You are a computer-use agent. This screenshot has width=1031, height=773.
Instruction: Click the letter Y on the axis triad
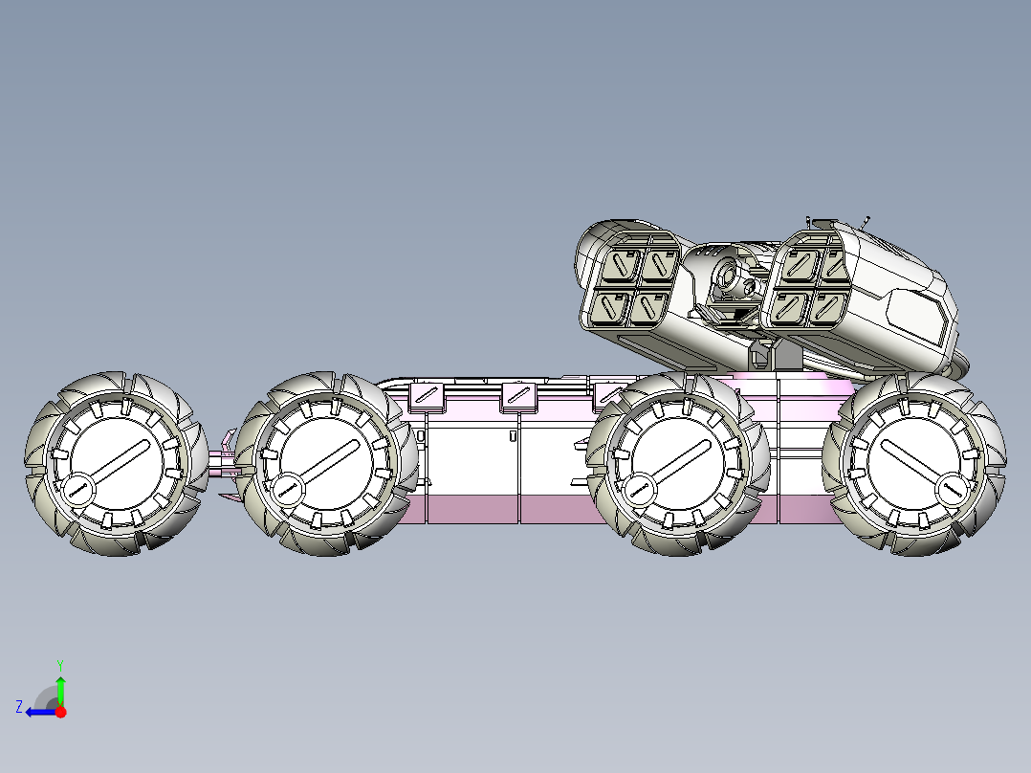pos(60,665)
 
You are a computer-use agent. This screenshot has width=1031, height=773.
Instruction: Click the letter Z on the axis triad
pos(19,707)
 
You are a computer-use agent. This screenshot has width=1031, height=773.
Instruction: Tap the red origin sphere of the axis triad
pos(60,712)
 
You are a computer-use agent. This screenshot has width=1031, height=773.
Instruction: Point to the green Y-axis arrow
pos(60,691)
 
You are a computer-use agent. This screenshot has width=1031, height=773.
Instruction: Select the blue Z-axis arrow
pos(41,712)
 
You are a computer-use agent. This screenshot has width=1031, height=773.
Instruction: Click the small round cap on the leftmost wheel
pos(77,489)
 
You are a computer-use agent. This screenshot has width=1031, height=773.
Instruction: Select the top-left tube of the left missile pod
pos(621,264)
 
